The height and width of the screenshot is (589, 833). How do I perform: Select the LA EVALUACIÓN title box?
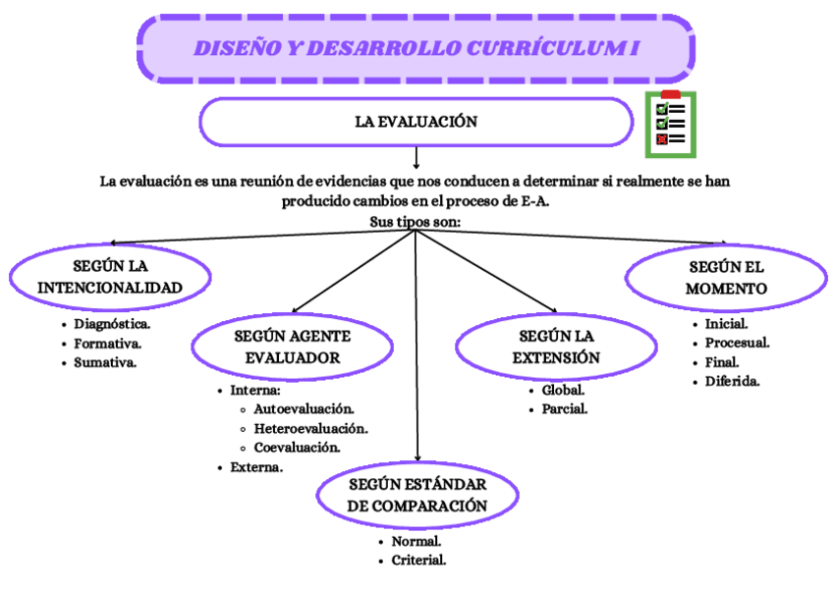(x=416, y=122)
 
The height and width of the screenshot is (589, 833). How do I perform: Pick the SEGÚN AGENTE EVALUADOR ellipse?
(x=292, y=347)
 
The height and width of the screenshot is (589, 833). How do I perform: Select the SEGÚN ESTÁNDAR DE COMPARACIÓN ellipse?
(x=417, y=496)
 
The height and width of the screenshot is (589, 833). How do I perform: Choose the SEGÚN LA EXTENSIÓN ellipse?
(x=556, y=347)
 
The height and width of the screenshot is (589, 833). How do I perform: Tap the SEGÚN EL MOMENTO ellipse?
(x=726, y=278)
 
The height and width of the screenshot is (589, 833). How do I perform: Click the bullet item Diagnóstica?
(x=111, y=323)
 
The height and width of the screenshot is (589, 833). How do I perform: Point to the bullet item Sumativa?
(x=104, y=362)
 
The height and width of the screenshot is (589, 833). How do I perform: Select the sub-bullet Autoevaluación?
(x=304, y=408)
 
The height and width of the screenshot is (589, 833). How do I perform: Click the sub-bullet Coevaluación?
(x=297, y=448)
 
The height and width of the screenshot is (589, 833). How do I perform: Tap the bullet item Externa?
(x=256, y=467)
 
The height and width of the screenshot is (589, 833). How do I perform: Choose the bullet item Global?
(x=563, y=390)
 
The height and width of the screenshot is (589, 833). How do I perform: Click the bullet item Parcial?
(x=564, y=409)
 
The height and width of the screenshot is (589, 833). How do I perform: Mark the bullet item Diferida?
(x=732, y=381)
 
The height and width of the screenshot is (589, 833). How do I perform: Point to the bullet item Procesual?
(x=737, y=343)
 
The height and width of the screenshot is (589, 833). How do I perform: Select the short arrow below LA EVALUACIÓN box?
(x=416, y=157)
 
